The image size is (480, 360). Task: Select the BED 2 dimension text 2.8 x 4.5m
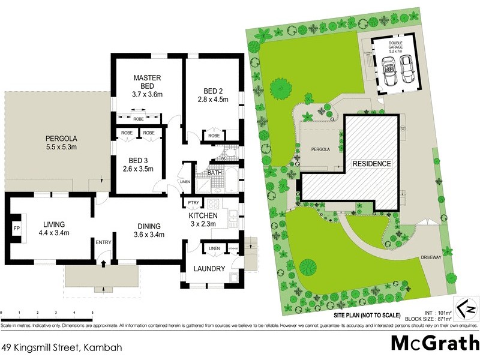point(212,100)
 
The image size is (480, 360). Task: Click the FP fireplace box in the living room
point(16,228)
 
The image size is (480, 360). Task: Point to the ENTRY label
point(103,242)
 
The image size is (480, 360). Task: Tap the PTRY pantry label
point(193,203)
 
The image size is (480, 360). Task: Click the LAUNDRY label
point(209,269)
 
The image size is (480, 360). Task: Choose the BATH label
point(215,173)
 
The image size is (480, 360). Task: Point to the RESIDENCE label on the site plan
point(371,163)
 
